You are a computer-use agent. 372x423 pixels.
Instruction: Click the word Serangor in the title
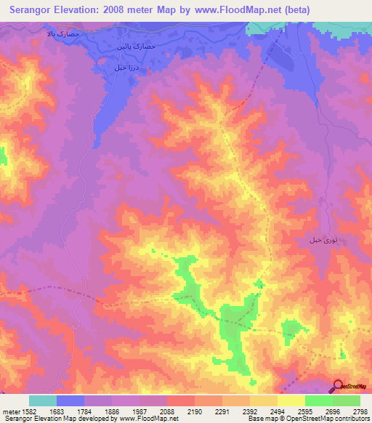pos(35,10)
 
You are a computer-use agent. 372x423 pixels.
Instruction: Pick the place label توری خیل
pos(324,239)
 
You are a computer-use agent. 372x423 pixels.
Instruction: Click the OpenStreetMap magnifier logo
pos(338,386)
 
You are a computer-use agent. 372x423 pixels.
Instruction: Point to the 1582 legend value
pos(25,411)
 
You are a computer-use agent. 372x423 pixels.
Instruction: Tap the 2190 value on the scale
pos(195,411)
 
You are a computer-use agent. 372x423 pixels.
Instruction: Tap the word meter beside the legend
pos(9,411)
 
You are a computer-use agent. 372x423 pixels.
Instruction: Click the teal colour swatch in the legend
pos(43,400)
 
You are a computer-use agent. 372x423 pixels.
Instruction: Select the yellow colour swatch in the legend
pos(291,400)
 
